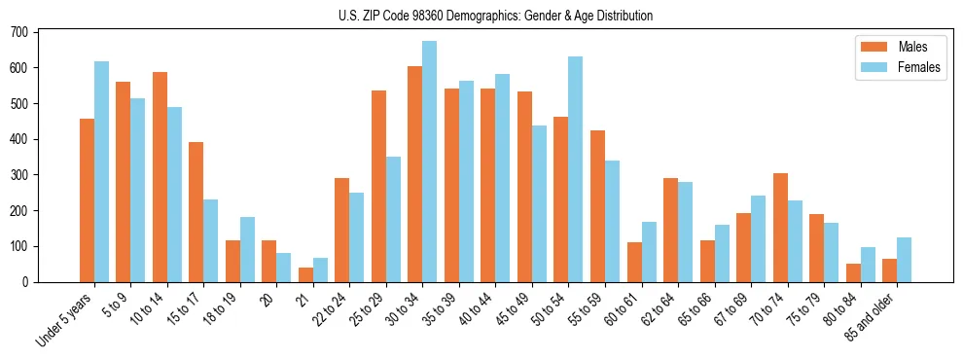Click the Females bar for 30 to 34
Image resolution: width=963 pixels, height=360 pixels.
430,162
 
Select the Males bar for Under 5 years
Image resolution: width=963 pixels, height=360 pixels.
87,200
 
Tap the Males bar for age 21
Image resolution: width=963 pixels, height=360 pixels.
305,274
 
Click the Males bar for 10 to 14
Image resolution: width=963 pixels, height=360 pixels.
160,177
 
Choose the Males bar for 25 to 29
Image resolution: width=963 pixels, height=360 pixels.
378,186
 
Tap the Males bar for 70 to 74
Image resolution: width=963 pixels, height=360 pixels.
780,228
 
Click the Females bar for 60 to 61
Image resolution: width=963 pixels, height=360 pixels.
649,252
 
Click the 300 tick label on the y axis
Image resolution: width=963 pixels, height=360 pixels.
19,175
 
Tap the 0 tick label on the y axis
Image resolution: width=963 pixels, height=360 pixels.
26,282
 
